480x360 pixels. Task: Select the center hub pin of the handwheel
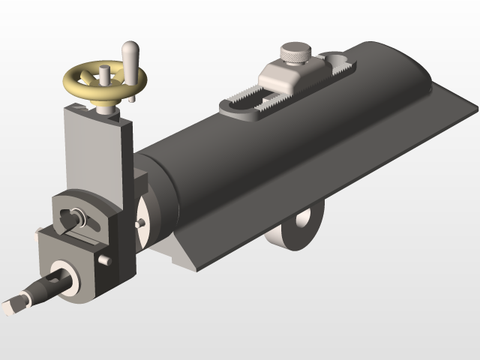pos(104,75)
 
